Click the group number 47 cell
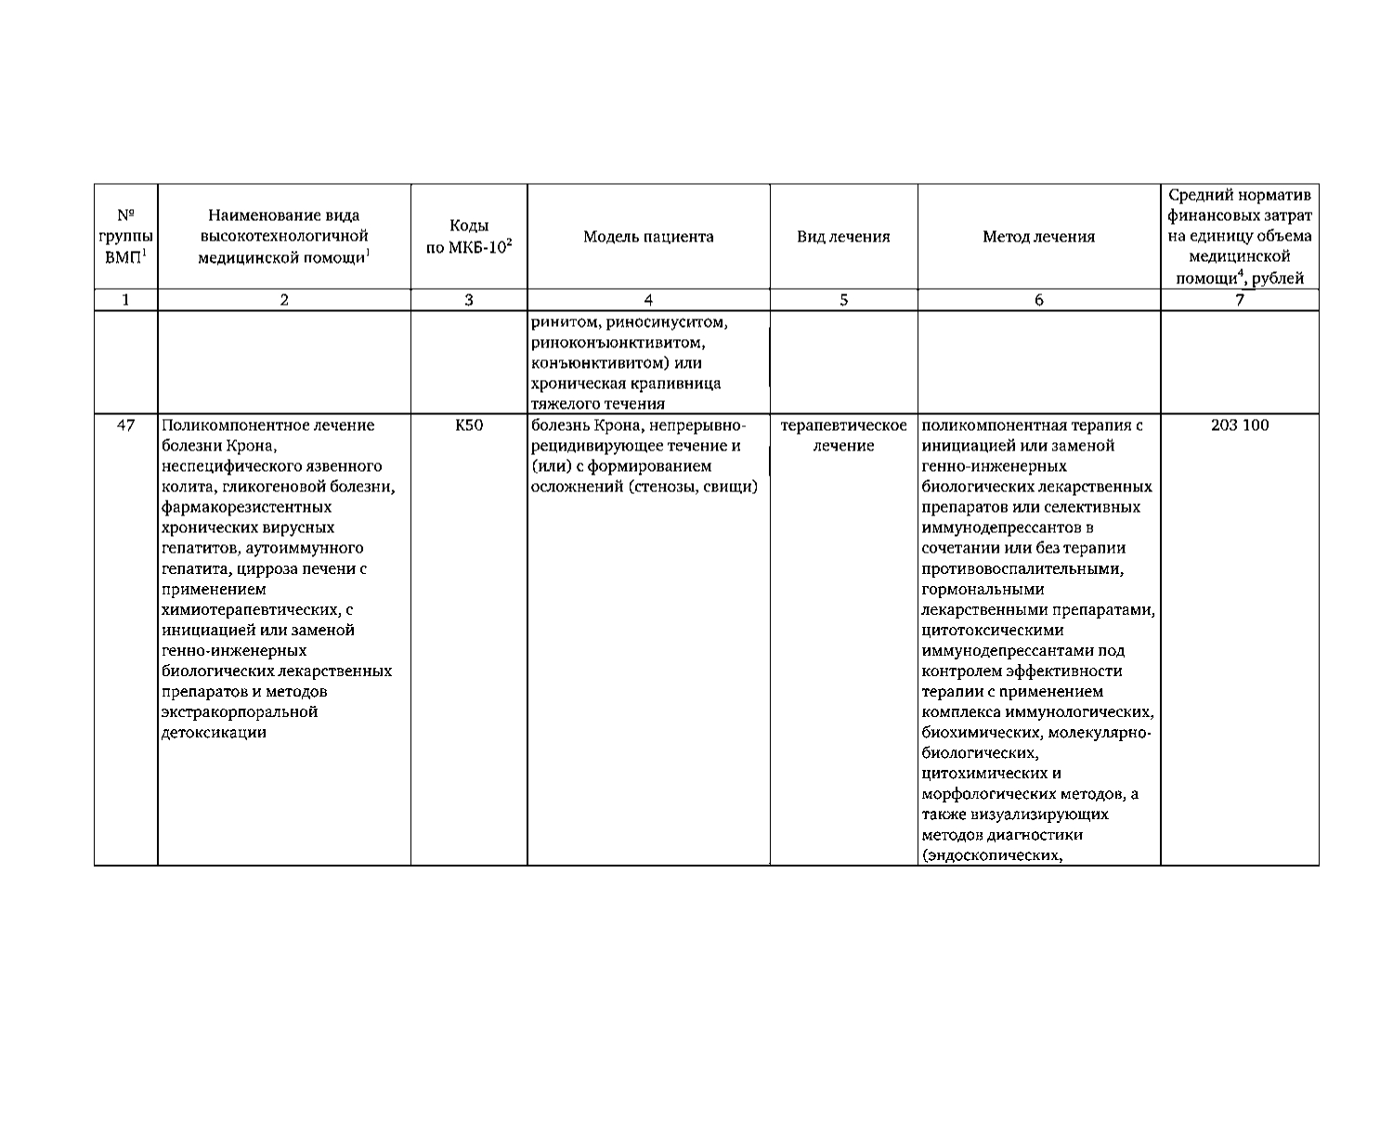(x=126, y=425)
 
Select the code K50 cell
(x=468, y=425)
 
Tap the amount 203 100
(x=1239, y=425)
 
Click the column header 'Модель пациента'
(x=648, y=237)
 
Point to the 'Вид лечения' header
(x=843, y=237)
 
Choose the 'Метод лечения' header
(x=1038, y=237)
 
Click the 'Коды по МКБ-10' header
(x=468, y=237)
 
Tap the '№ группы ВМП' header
(x=126, y=237)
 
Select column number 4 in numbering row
(x=648, y=300)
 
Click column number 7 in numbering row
(x=1239, y=300)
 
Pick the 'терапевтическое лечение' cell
(x=843, y=436)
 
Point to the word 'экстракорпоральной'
(x=240, y=711)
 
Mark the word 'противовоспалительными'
(x=1022, y=568)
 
